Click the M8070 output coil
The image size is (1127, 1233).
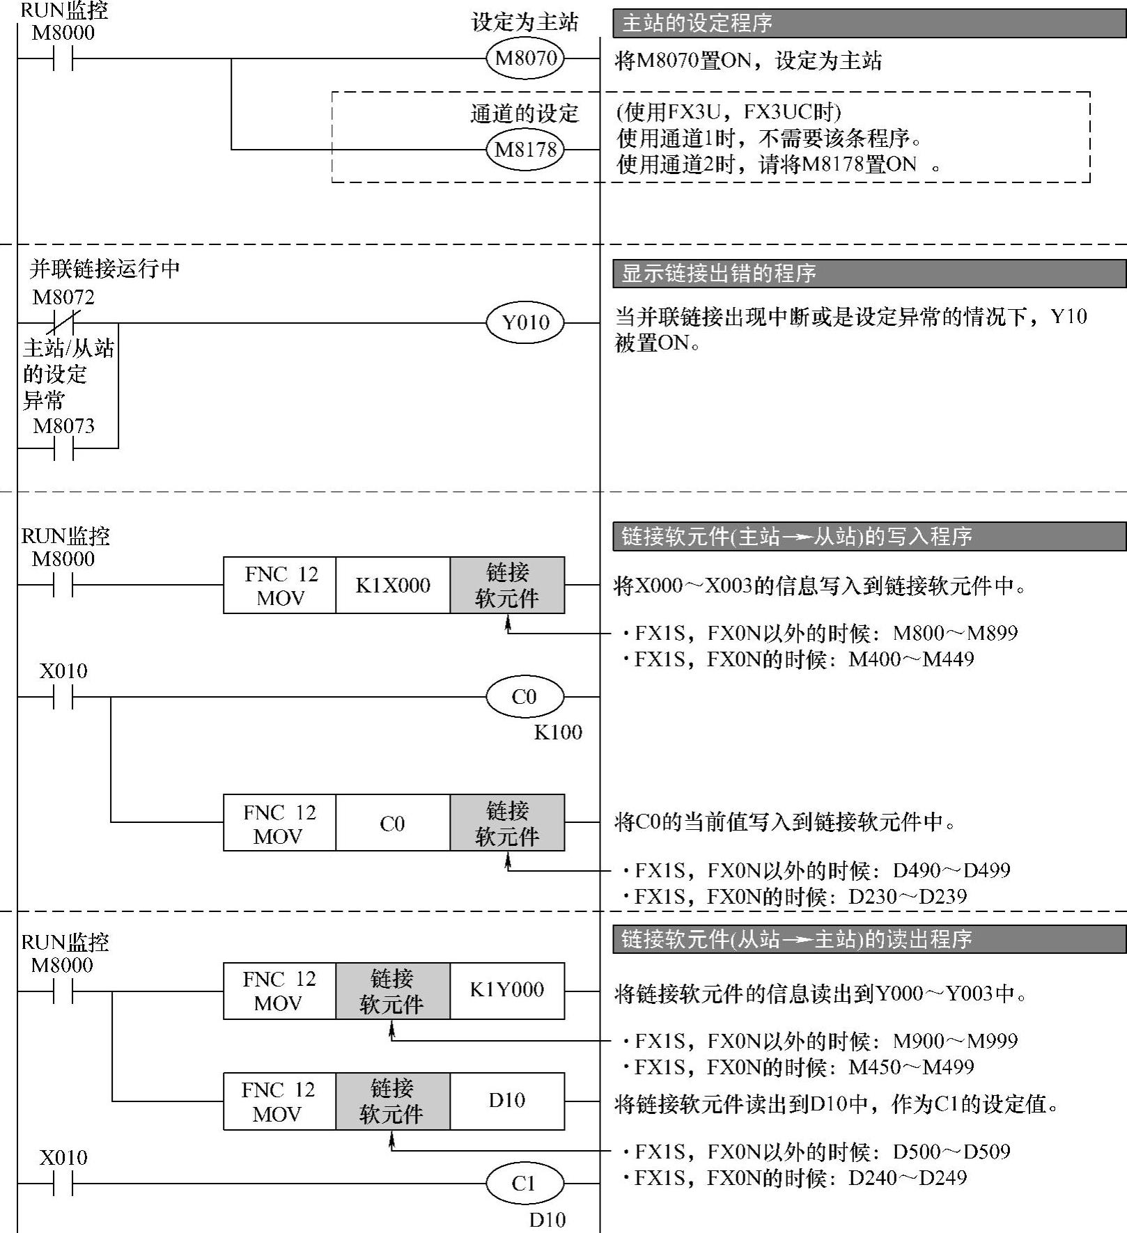525,58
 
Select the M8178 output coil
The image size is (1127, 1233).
525,150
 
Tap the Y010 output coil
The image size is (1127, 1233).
525,323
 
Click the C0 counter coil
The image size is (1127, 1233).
524,697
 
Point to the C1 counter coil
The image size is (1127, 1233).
524,1183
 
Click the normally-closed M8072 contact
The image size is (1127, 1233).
63,323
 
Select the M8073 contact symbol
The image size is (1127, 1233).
63,448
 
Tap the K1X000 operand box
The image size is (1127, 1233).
393,586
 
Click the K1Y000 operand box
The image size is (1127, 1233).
507,991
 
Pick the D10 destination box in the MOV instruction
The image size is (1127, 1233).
507,1101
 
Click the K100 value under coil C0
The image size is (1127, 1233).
558,732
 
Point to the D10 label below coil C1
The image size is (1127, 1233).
547,1220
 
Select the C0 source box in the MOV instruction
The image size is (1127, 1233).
393,824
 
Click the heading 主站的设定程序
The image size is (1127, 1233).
697,24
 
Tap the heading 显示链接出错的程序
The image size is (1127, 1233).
718,274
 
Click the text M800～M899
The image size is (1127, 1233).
955,634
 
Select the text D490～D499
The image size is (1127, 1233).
951,870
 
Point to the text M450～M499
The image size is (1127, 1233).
911,1067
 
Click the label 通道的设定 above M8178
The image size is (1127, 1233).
524,113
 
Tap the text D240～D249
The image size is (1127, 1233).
908,1178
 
